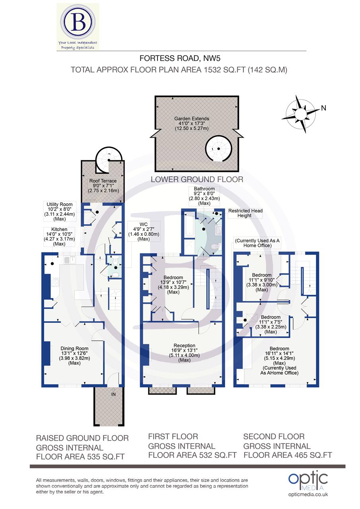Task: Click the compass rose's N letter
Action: (x=323, y=108)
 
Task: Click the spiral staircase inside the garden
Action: (x=219, y=148)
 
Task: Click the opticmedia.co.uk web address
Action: (x=307, y=494)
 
